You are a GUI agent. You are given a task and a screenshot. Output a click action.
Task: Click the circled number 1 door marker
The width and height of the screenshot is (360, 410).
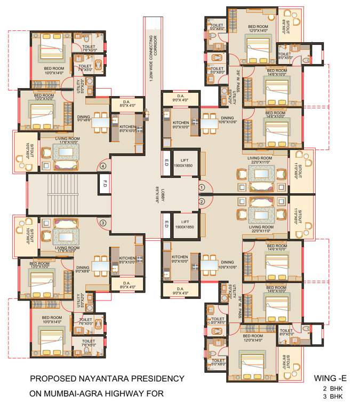click(202, 188)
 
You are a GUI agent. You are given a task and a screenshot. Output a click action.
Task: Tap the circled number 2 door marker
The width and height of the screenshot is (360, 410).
click(202, 201)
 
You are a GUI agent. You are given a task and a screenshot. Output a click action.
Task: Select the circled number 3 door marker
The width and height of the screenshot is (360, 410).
click(103, 223)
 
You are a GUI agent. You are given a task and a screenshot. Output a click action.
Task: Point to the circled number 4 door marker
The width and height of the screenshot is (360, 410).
click(103, 166)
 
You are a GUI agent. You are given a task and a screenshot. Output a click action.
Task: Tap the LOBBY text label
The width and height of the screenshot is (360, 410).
click(157, 194)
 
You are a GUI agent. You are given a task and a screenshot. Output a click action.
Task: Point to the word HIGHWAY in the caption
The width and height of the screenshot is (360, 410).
click(123, 395)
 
